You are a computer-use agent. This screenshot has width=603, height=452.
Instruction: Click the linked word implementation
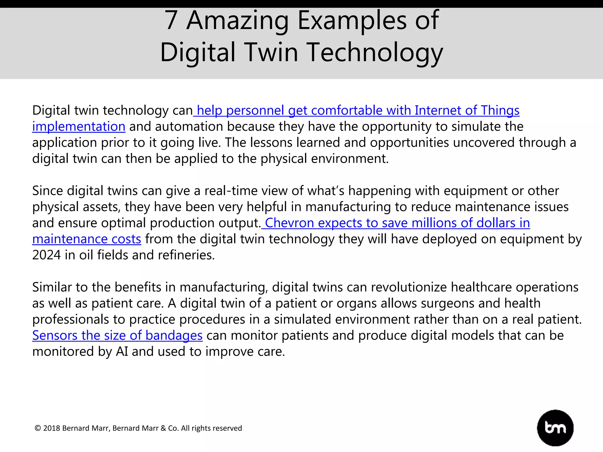[x=79, y=127]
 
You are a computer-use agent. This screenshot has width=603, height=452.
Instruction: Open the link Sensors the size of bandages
[x=117, y=335]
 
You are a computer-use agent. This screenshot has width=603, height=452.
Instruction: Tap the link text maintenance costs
[x=87, y=239]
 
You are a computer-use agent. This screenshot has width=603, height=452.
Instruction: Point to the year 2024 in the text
[x=46, y=255]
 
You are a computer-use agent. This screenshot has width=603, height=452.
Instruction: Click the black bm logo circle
[x=555, y=428]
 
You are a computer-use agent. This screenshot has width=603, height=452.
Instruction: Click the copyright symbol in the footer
[x=38, y=428]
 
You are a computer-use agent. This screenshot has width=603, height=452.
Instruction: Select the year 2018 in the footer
[x=52, y=428]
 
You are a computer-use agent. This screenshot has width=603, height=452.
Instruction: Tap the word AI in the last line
[x=122, y=352]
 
